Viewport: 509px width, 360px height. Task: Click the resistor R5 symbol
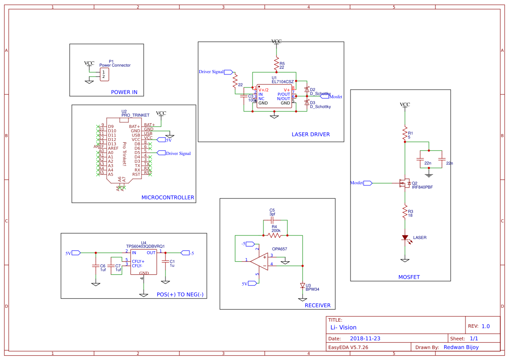276,64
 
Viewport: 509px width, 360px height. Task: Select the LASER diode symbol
405,238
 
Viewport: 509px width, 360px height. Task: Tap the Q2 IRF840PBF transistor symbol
404,183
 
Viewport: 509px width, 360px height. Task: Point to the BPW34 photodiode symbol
303,286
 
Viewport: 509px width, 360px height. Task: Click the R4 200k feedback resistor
274,235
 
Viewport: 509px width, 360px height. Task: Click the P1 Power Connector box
104,74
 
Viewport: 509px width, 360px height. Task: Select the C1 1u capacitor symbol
165,261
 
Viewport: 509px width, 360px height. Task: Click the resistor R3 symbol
405,211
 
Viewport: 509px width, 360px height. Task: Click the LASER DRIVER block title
310,135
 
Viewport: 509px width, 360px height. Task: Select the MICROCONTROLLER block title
168,198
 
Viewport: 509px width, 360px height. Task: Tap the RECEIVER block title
317,306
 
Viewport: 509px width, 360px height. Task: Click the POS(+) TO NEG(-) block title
180,295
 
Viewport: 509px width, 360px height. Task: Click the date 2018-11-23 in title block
365,339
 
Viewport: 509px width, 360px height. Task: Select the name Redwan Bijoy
461,347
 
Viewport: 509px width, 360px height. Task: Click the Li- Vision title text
343,328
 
